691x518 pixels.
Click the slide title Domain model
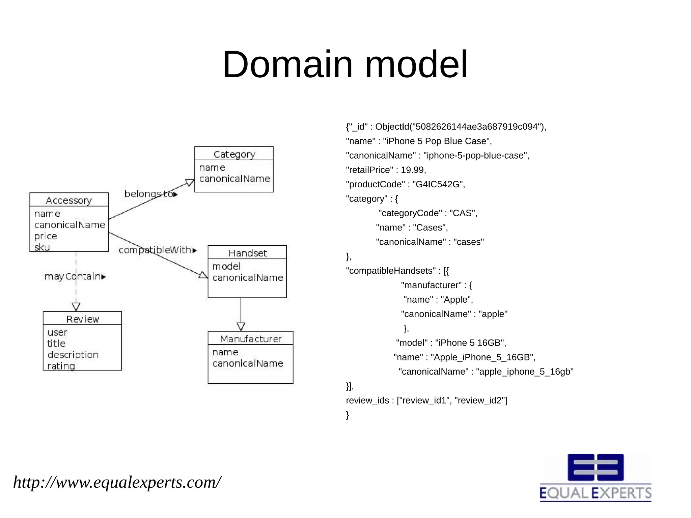click(x=345, y=64)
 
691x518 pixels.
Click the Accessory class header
click(x=69, y=200)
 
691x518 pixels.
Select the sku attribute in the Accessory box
click(x=42, y=247)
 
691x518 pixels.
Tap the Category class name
click(x=234, y=154)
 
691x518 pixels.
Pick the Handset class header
click(x=247, y=253)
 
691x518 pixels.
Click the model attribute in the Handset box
click(x=226, y=266)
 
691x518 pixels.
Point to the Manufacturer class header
click(x=250, y=339)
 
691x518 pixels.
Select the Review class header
click(x=82, y=319)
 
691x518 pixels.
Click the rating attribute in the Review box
click(x=61, y=366)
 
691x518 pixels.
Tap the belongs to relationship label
click(x=150, y=194)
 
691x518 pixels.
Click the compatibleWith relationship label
click(x=157, y=250)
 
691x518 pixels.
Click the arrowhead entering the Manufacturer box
click(x=241, y=327)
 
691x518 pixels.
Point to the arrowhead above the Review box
click(x=76, y=307)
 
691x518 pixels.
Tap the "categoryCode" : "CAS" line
click(x=427, y=213)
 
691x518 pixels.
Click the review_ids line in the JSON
click(x=426, y=401)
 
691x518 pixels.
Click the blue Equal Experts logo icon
click(x=596, y=467)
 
